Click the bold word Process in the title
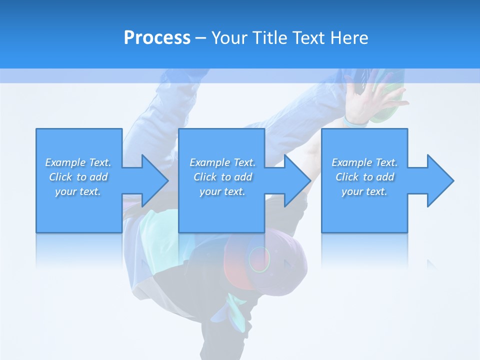click(157, 38)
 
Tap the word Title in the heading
click(270, 38)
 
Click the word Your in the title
click(230, 38)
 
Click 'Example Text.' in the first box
click(78, 162)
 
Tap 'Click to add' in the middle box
click(222, 177)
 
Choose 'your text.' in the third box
click(364, 191)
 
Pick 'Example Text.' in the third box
click(364, 162)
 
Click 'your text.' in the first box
click(78, 191)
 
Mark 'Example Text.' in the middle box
click(222, 162)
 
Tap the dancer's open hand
click(370, 97)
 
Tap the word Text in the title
click(308, 38)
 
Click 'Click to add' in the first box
click(78, 177)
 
